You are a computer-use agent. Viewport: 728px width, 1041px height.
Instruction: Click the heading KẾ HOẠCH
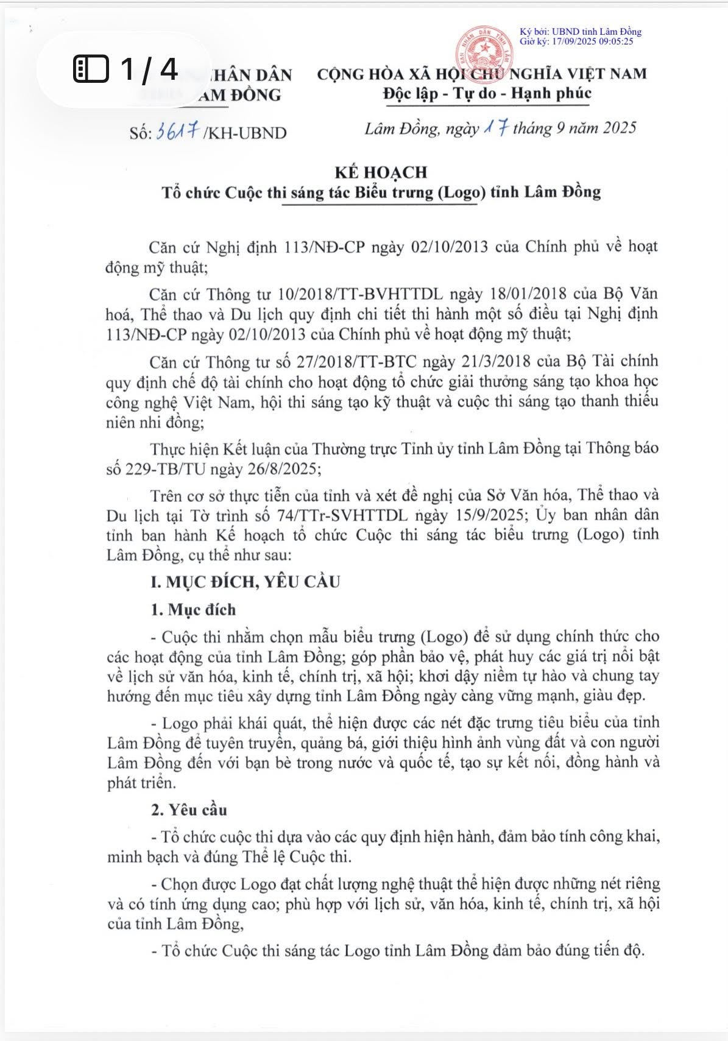(x=381, y=172)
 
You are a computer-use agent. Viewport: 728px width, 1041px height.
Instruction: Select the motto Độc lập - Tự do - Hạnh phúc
(x=487, y=94)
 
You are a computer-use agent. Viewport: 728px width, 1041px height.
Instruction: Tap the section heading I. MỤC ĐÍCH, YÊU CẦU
(x=245, y=582)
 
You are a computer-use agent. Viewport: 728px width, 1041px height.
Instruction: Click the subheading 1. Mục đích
(x=193, y=610)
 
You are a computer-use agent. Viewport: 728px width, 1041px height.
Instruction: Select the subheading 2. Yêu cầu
(x=189, y=810)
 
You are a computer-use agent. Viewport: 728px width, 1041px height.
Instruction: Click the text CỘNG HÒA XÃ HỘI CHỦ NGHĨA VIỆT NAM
(x=482, y=74)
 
